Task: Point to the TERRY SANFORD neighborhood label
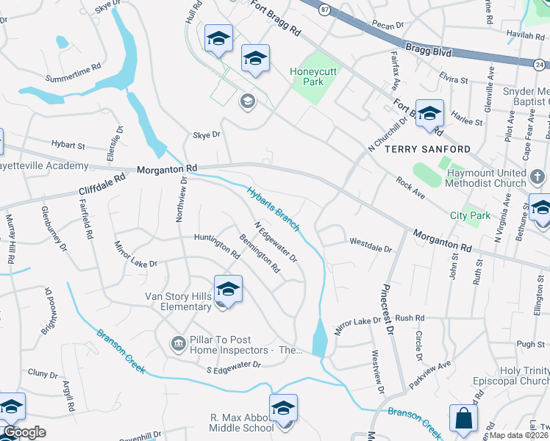tap(418, 149)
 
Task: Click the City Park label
tap(470, 215)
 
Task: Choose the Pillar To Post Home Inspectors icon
tap(178, 343)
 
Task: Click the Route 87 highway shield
tap(324, 9)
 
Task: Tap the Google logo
tap(25, 432)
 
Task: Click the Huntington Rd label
tap(217, 246)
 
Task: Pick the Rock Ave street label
tap(410, 187)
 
